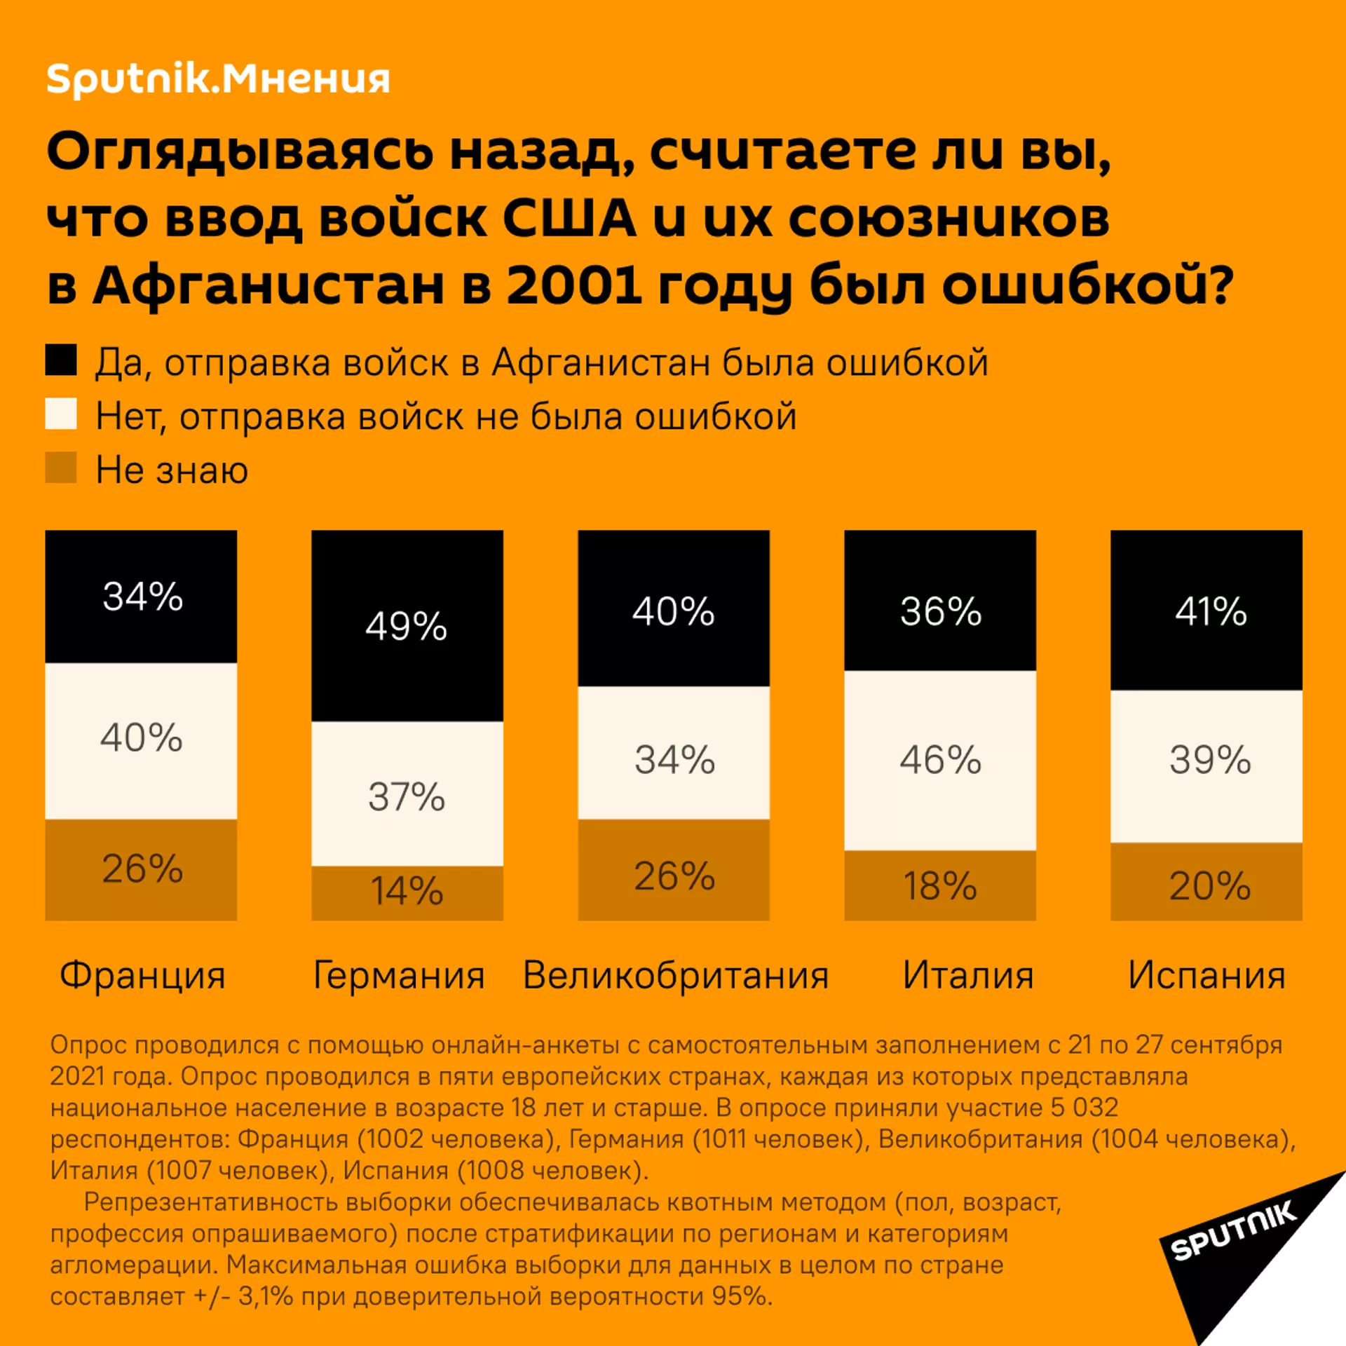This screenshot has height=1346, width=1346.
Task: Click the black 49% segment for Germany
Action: click(x=407, y=625)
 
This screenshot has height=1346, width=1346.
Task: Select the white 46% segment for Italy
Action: click(x=939, y=760)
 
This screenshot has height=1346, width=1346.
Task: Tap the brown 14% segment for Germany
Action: click(x=407, y=892)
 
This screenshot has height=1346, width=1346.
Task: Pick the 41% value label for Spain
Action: click(x=1211, y=611)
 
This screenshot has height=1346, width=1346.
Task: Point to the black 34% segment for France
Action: click(x=141, y=596)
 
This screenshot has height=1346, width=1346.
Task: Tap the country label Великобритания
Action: click(x=676, y=975)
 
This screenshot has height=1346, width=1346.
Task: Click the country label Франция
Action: click(x=142, y=975)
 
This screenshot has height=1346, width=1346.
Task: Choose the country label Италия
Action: click(x=967, y=975)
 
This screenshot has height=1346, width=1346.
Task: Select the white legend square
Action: click(x=61, y=414)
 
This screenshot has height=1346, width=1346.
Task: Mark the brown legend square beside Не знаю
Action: click(x=61, y=468)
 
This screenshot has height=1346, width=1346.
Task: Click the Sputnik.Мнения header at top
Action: click(x=217, y=79)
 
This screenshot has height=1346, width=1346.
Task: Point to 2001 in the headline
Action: click(x=573, y=286)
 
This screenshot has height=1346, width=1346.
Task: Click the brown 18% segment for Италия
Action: click(x=939, y=885)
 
